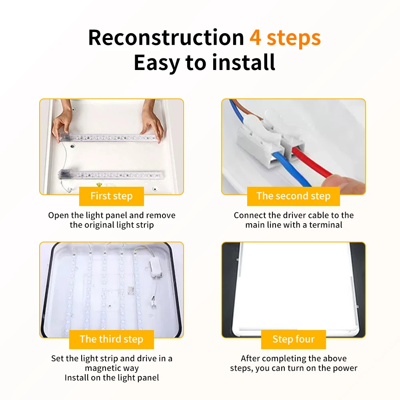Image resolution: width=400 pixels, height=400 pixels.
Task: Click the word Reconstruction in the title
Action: (166, 38)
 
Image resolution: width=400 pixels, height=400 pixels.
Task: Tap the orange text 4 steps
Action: (285, 38)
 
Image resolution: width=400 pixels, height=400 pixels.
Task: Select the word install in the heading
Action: (243, 62)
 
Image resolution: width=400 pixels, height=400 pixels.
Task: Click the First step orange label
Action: (112, 196)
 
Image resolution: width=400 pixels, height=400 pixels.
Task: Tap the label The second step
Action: (293, 196)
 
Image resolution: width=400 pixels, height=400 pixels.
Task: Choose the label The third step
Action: (112, 339)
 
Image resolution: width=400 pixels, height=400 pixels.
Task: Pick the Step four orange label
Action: (293, 339)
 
